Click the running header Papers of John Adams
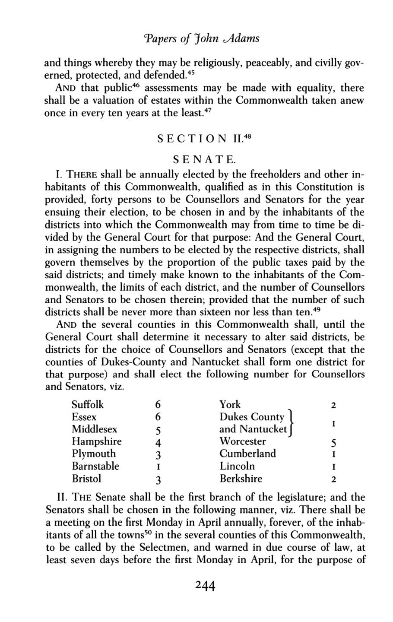click(x=196, y=38)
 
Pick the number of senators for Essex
click(x=158, y=417)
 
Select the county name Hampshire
click(x=96, y=441)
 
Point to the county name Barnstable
click(x=95, y=466)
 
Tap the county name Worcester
click(x=242, y=441)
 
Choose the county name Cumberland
click(x=247, y=454)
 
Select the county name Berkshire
click(x=241, y=479)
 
